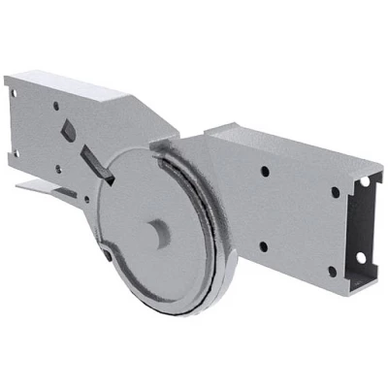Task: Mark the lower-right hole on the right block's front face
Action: (x=328, y=257)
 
